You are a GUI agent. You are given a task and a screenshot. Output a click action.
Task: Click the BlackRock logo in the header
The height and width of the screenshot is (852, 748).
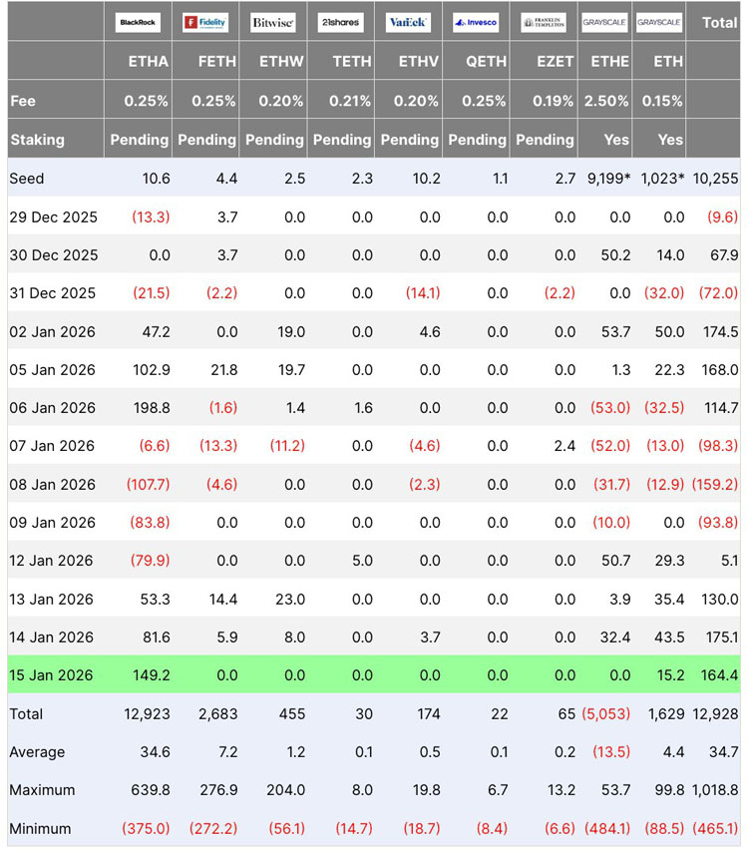[138, 22]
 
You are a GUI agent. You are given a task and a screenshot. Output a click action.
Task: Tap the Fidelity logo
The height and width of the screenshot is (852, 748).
[204, 22]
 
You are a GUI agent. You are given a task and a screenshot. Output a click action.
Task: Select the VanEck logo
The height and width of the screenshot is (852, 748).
[408, 22]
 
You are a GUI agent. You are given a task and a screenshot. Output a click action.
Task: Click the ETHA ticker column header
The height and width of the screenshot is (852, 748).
[149, 62]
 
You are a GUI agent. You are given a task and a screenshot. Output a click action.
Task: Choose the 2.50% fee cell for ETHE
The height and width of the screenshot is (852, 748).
[609, 101]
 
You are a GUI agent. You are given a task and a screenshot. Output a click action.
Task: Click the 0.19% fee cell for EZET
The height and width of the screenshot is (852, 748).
[554, 101]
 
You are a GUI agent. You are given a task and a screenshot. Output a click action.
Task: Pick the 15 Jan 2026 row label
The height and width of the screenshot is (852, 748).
[51, 675]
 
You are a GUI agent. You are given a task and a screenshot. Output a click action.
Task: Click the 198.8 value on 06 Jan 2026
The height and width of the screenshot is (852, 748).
[152, 408]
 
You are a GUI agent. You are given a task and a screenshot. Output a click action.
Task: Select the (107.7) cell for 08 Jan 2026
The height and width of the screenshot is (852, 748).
[148, 485]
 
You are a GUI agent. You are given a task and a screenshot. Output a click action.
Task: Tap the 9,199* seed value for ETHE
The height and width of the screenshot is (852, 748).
[605, 179]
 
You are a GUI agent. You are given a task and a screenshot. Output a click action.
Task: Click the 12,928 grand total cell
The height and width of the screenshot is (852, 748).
[714, 713]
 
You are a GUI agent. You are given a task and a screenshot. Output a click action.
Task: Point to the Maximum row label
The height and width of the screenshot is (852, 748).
[42, 790]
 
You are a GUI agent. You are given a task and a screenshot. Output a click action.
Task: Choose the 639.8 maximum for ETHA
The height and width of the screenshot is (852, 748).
[152, 790]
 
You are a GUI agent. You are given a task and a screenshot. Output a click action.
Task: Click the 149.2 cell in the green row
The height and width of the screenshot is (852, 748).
[152, 675]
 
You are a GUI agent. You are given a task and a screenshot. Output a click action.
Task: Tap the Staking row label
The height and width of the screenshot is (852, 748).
[37, 140]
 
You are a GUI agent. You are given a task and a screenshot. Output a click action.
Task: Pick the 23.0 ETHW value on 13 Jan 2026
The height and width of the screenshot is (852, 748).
[289, 600]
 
